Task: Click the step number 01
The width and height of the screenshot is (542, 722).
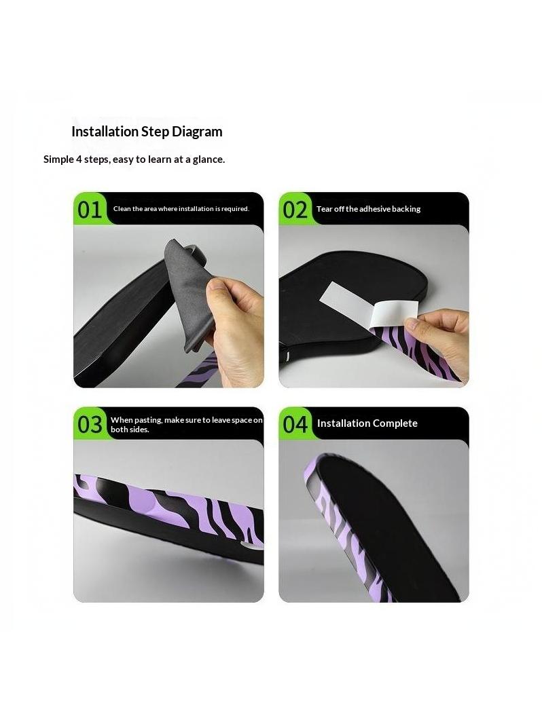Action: click(x=90, y=210)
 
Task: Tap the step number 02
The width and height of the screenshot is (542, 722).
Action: click(x=295, y=210)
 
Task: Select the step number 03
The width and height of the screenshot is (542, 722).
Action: click(x=90, y=425)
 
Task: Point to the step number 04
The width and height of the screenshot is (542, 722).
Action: click(x=295, y=425)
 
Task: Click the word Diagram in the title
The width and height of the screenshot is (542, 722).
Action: click(x=197, y=132)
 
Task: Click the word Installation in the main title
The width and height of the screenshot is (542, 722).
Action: click(x=105, y=131)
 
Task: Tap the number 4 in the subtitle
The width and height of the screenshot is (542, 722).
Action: click(x=79, y=159)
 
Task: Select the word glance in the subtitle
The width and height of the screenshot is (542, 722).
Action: click(x=209, y=159)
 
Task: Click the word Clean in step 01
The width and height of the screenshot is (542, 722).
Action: click(x=122, y=208)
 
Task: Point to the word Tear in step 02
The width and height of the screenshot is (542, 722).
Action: click(x=324, y=208)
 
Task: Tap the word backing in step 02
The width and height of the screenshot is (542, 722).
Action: click(x=406, y=209)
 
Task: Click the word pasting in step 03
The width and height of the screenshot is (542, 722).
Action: click(x=148, y=420)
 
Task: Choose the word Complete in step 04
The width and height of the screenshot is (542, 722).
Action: click(x=395, y=423)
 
